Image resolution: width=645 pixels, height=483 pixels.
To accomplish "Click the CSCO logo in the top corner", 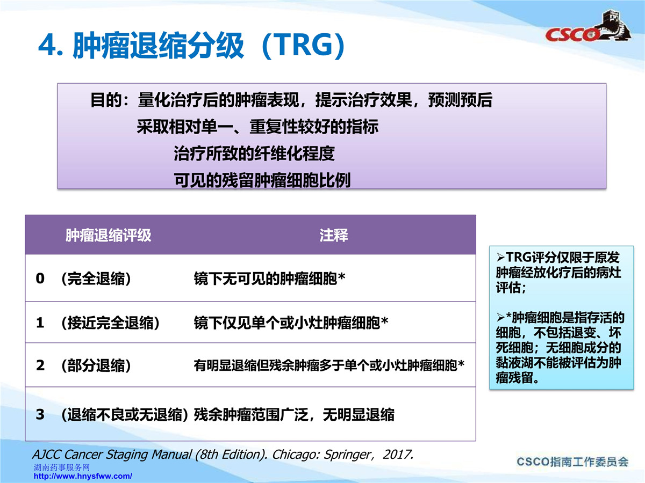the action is pyautogui.click(x=588, y=27).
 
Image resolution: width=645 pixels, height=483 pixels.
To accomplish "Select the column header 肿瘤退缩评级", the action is pyautogui.click(x=108, y=235).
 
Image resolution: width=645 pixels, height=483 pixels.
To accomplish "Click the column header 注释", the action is pyautogui.click(x=334, y=235).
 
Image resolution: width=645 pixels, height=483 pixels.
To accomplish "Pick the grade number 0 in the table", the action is pyautogui.click(x=40, y=279).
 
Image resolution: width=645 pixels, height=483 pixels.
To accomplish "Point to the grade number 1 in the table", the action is pyautogui.click(x=40, y=323).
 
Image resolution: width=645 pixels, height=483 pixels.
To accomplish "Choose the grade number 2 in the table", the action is pyautogui.click(x=40, y=365).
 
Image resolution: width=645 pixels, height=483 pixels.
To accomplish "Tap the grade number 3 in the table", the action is pyautogui.click(x=40, y=414).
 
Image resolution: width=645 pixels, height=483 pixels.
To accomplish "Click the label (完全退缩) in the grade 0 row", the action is pyautogui.click(x=96, y=279).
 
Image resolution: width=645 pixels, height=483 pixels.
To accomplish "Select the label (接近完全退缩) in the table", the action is pyautogui.click(x=110, y=323).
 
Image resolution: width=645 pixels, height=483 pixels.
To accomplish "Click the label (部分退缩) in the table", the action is pyautogui.click(x=96, y=365).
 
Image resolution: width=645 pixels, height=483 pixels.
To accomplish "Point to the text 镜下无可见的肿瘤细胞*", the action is pyautogui.click(x=269, y=279).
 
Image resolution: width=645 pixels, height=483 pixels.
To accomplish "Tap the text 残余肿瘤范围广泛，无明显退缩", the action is pyautogui.click(x=294, y=415).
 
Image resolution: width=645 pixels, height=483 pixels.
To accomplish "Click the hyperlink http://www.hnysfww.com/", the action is pyautogui.click(x=83, y=476).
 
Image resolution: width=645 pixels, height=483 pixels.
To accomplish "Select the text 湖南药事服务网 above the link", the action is pyautogui.click(x=61, y=467).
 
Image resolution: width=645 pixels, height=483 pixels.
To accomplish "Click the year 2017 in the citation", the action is pyautogui.click(x=398, y=455).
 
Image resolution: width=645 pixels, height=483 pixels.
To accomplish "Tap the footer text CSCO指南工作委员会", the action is pyautogui.click(x=572, y=462).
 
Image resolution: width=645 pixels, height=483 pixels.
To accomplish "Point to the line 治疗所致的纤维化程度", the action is pyautogui.click(x=254, y=153).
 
